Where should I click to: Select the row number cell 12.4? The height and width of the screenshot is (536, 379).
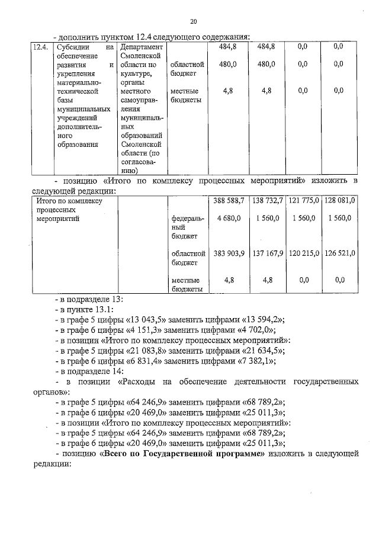click(40, 46)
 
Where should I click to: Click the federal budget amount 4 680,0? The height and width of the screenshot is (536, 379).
click(229, 219)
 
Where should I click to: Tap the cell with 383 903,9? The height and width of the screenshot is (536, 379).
click(228, 253)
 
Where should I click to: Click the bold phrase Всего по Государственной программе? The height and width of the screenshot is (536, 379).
click(182, 454)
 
